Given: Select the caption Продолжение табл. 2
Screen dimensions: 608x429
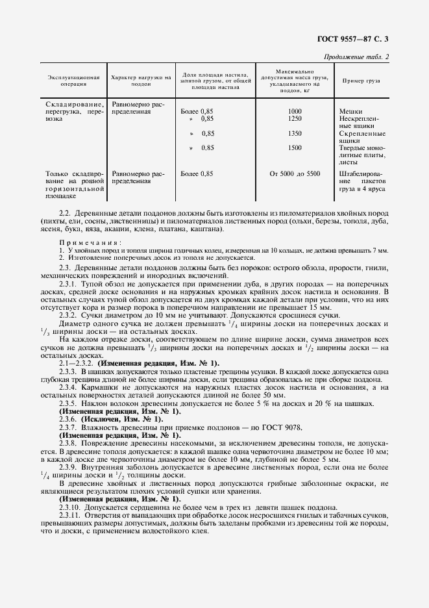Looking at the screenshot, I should [356, 57].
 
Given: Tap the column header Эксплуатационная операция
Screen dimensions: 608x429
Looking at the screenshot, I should [73, 81].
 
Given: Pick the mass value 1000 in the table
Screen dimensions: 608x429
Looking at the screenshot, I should [295, 111].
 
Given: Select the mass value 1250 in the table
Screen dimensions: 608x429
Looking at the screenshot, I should [295, 119].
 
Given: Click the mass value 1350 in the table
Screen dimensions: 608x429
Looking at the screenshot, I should [295, 133].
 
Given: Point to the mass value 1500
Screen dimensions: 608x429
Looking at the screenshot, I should [295, 147].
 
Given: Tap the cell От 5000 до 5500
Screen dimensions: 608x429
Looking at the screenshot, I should [295, 174].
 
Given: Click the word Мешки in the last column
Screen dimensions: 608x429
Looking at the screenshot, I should [351, 111].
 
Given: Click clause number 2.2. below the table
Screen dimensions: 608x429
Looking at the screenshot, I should [64, 213].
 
